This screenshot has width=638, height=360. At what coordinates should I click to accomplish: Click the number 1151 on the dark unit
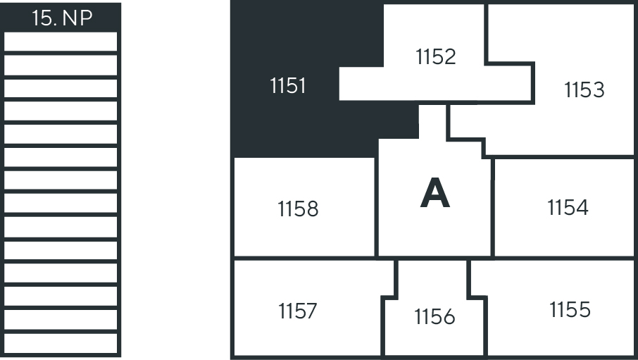point(288,86)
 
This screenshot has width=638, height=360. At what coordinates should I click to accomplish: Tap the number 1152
point(436,56)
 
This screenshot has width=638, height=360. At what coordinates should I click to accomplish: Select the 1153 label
point(584,90)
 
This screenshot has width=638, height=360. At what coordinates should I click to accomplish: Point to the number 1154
point(568,208)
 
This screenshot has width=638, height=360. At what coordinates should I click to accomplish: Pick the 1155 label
point(570,309)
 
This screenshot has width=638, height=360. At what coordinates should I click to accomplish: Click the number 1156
point(434,317)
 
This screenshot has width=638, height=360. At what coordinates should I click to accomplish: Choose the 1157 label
point(297,311)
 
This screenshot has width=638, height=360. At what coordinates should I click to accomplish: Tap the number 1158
point(298,209)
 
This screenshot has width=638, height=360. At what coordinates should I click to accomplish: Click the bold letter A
point(434,194)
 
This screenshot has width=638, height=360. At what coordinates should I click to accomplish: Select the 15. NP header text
point(62,18)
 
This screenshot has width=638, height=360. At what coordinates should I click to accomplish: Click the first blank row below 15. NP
point(61,42)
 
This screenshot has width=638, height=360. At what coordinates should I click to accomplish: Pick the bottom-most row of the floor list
point(61,343)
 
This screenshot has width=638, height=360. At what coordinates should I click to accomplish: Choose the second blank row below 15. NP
point(61,66)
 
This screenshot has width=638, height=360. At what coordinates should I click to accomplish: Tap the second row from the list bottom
point(61,320)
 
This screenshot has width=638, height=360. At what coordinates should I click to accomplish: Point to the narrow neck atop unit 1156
point(432,278)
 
